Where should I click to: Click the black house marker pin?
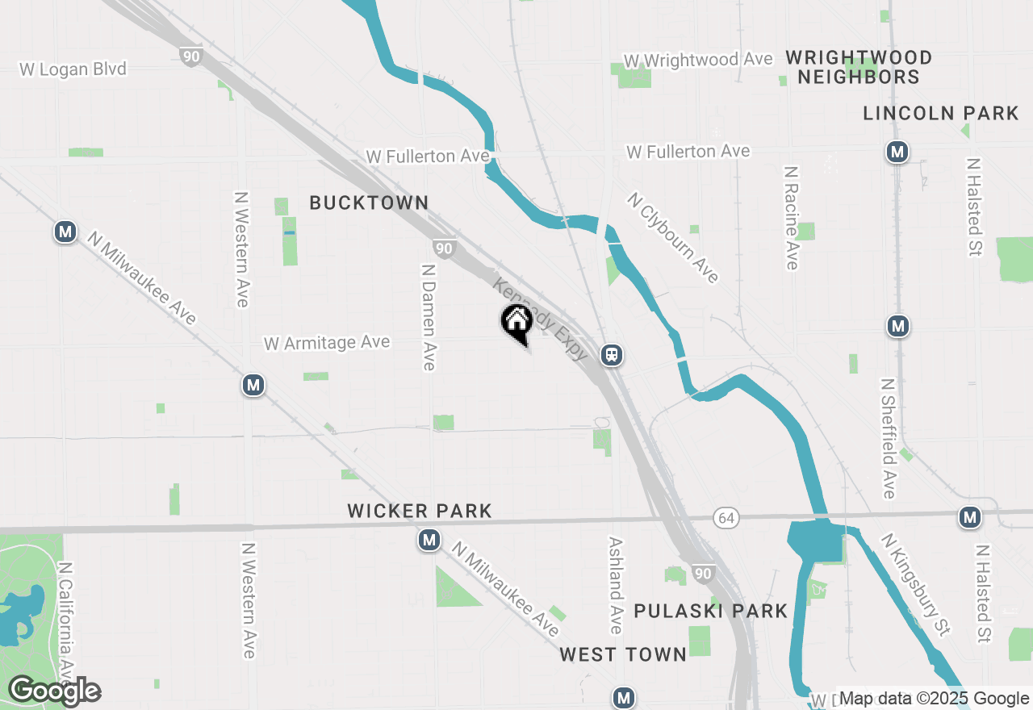click(516, 323)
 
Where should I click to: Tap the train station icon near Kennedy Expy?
click(612, 355)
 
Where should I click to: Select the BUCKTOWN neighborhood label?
click(369, 203)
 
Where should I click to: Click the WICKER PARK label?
click(419, 511)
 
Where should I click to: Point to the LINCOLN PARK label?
click(941, 114)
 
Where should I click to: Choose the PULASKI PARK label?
click(710, 611)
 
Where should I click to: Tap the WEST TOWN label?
click(623, 654)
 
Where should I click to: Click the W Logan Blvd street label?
click(73, 69)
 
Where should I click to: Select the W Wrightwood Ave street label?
click(698, 60)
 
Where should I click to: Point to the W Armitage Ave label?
click(327, 343)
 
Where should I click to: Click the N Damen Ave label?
click(429, 315)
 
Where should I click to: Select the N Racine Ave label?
click(791, 218)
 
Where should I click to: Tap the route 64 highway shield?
click(726, 519)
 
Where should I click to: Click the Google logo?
click(54, 691)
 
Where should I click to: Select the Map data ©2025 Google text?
click(935, 699)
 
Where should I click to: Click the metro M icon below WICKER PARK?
click(429, 541)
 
